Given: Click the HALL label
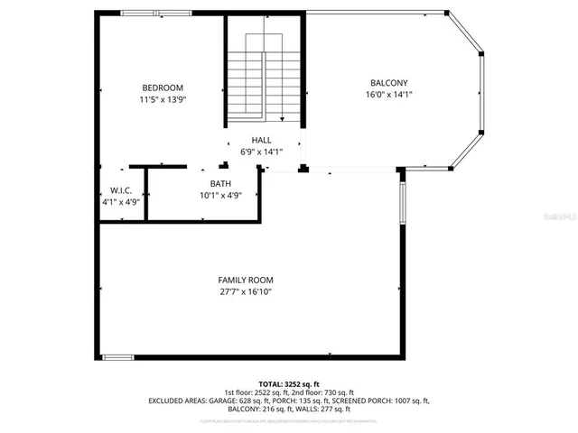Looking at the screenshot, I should coord(262,140).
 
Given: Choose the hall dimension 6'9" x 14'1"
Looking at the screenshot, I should coord(262,152).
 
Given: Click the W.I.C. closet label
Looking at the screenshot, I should coord(121,190).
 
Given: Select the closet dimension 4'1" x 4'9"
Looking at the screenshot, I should coord(121,202).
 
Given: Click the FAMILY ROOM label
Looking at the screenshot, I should coord(245,280).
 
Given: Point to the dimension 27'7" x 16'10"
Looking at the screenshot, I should coord(245,292).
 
